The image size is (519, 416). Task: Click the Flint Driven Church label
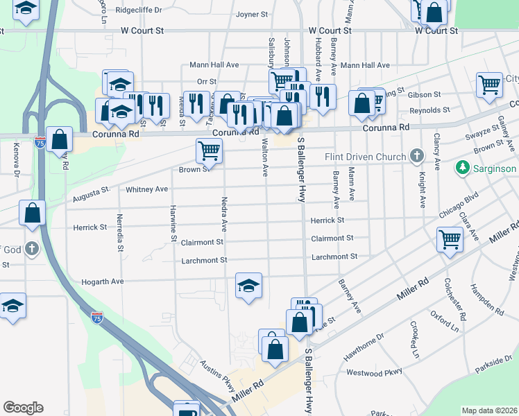pyautogui.click(x=366, y=157)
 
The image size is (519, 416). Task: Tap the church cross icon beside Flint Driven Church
pyautogui.click(x=417, y=155)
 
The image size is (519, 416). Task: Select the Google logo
pyautogui.click(x=23, y=408)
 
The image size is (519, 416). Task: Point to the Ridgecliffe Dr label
pyautogui.click(x=139, y=10)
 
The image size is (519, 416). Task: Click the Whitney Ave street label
pyautogui.click(x=146, y=189)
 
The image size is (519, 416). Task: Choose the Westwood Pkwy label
pyautogui.click(x=374, y=372)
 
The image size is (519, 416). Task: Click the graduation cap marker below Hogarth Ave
pyautogui.click(x=248, y=285)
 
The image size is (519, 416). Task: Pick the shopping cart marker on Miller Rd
pyautogui.click(x=450, y=240)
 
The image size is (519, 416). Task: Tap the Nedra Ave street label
pyautogui.click(x=224, y=214)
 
